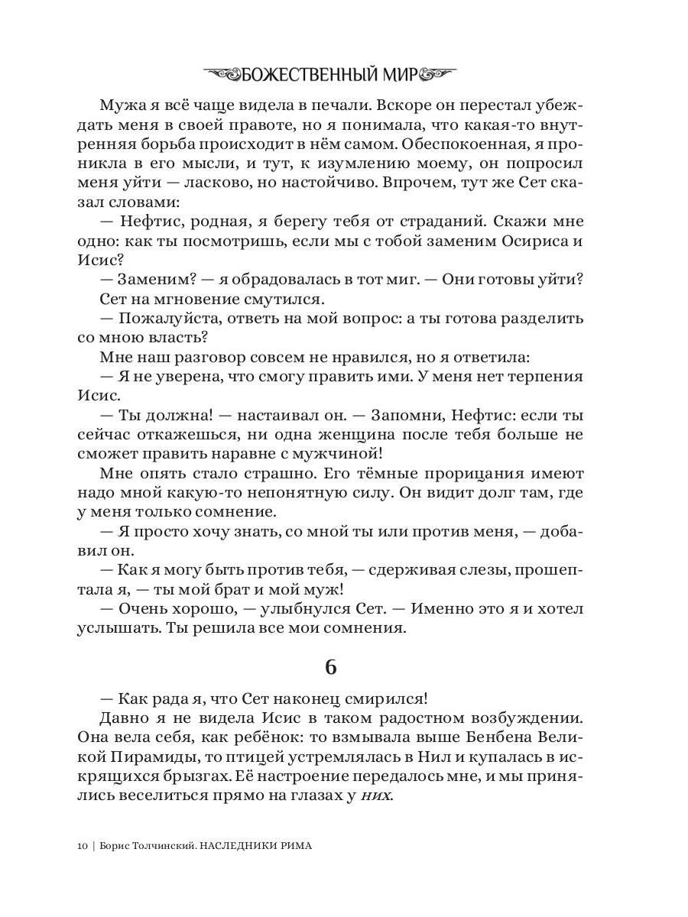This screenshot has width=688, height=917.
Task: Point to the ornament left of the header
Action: [x=219, y=74]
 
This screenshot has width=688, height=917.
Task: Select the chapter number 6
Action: [x=330, y=666]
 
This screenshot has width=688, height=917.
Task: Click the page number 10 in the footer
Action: [x=83, y=846]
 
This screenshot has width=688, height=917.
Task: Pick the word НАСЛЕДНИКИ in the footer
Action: [x=235, y=846]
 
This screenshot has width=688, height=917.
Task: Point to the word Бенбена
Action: [x=504, y=738]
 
